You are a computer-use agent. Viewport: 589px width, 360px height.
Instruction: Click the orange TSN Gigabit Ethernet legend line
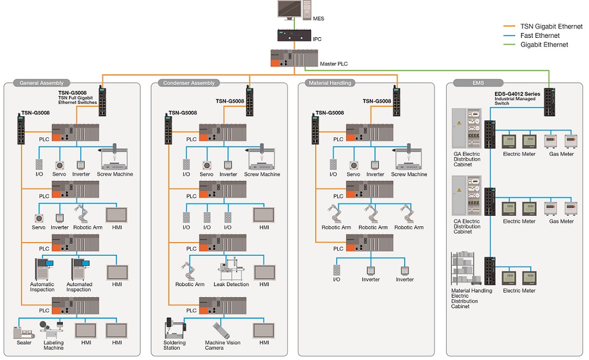pos(510,27)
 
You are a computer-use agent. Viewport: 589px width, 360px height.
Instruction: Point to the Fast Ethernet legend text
pos(540,35)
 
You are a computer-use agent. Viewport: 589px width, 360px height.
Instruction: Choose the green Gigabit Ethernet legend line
pos(510,45)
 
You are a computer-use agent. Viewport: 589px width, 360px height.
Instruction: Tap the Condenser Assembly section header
pos(189,83)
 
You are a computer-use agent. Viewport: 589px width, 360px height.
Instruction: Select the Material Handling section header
pos(330,83)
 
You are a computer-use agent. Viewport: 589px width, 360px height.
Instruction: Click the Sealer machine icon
pos(23,332)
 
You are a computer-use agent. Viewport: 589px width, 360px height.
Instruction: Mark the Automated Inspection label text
pos(78,287)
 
